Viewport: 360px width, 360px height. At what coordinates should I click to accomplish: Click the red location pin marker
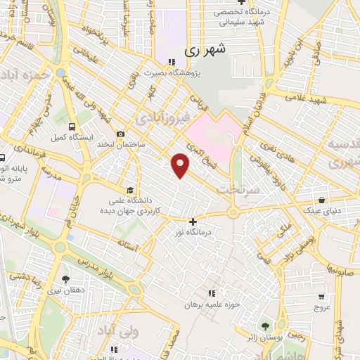click(181, 165)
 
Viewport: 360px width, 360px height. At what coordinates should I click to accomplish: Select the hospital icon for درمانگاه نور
click(193, 222)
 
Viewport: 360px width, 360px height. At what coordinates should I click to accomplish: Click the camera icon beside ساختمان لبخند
click(120, 134)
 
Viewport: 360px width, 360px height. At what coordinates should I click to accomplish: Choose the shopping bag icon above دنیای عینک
click(321, 200)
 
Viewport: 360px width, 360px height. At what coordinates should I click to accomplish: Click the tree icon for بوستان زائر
click(265, 326)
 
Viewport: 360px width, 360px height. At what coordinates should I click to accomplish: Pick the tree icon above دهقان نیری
click(65, 279)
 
